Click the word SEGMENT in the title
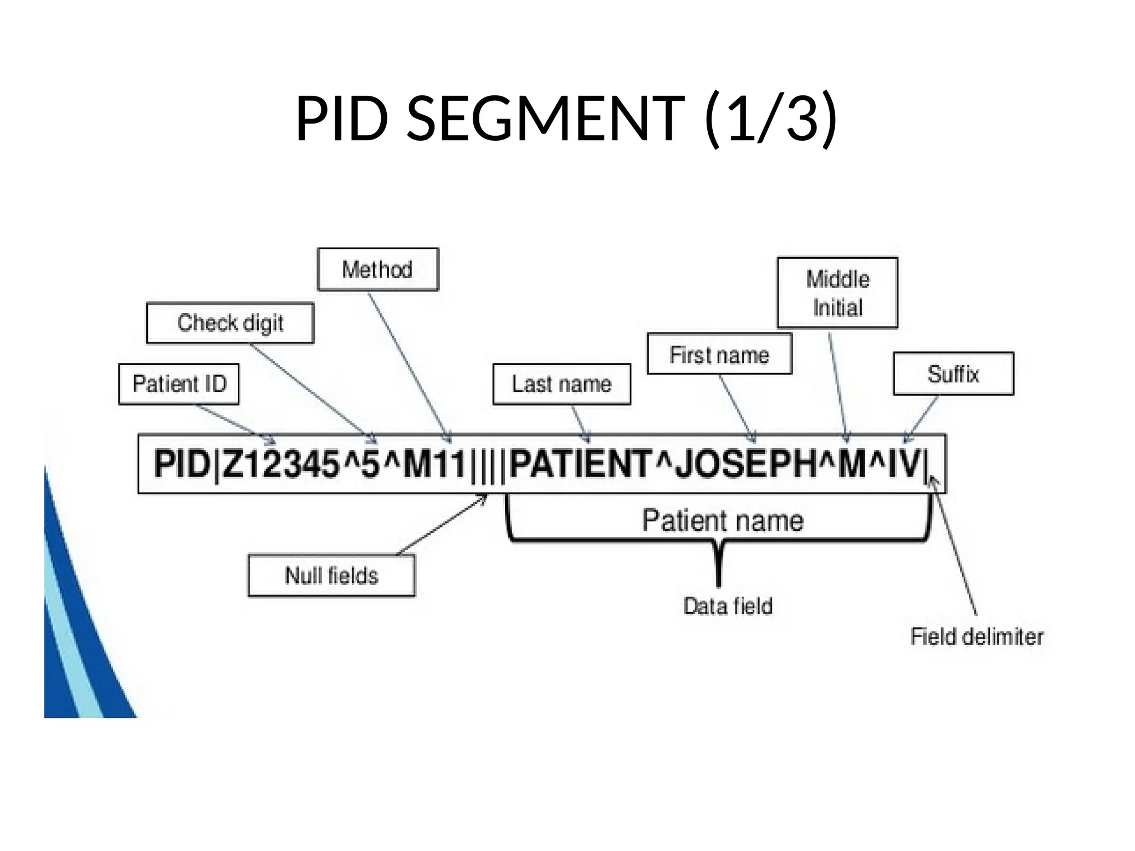click(546, 119)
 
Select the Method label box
click(377, 270)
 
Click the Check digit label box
click(230, 323)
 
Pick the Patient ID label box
click(179, 384)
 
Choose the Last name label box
click(561, 384)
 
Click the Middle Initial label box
click(837, 293)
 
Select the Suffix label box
click(953, 374)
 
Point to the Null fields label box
click(331, 576)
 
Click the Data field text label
click(728, 606)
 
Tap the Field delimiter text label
click(976, 637)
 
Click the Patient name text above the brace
click(723, 521)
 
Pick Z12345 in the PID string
click(280, 464)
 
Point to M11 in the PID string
click(434, 464)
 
